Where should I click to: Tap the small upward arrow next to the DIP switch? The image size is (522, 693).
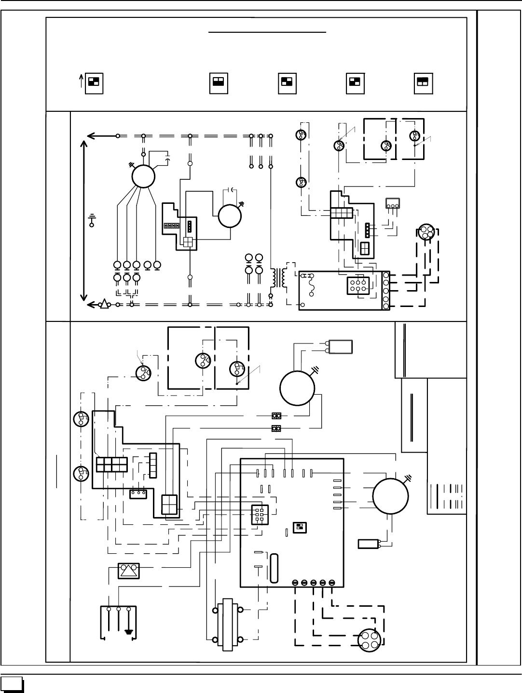pyautogui.click(x=81, y=83)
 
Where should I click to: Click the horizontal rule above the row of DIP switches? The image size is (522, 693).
pyautogui.click(x=268, y=32)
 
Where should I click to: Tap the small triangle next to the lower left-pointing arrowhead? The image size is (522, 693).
pyautogui.click(x=103, y=304)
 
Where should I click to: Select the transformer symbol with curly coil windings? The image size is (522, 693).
pyautogui.click(x=278, y=278)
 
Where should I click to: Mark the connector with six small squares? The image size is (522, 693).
pyautogui.click(x=259, y=514)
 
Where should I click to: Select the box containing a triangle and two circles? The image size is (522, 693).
pyautogui.click(x=129, y=571)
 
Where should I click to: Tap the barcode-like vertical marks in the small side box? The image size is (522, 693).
pyautogui.click(x=453, y=494)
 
